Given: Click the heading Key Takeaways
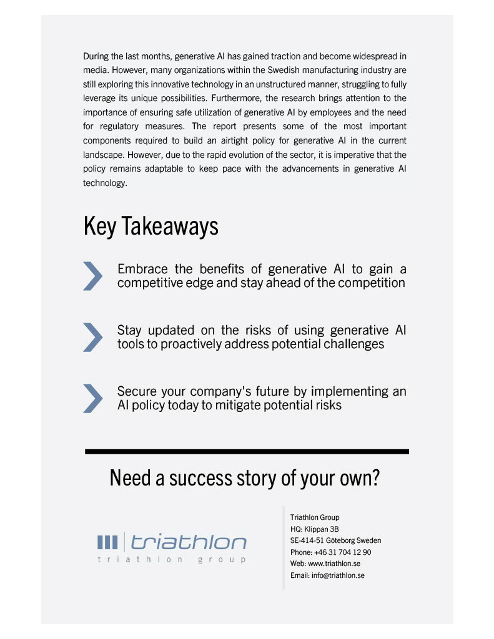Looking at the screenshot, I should (x=151, y=227).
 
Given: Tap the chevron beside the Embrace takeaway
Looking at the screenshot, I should (x=92, y=276).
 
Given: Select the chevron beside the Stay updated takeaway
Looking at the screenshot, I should (x=92, y=337).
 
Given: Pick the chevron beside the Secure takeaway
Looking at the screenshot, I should (x=92, y=398).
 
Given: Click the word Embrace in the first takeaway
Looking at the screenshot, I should (x=142, y=270).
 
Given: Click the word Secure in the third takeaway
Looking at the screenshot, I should (x=136, y=392).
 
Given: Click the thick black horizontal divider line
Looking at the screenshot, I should (x=247, y=451).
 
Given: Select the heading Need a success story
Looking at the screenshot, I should (x=245, y=479).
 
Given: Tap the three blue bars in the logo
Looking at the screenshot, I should (x=107, y=542).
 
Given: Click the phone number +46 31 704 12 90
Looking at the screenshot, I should (x=343, y=552).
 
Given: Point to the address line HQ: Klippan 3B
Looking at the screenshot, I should (x=315, y=529).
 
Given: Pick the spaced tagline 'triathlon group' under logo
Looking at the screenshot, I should (x=172, y=560).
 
